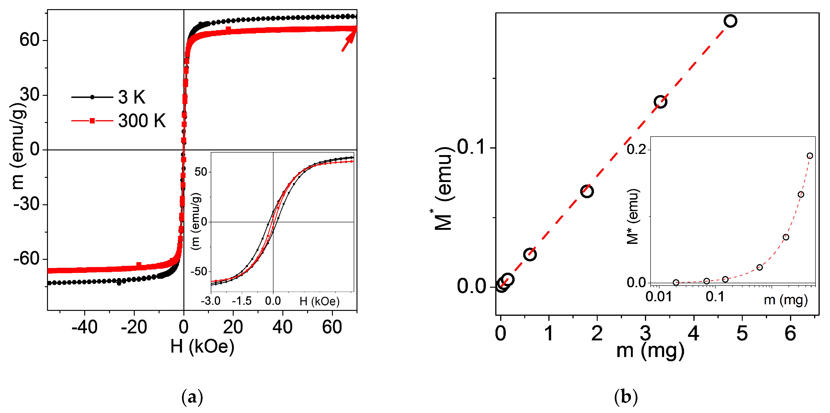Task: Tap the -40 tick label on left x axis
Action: coord(84,327)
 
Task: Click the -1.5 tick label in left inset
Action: coord(242,301)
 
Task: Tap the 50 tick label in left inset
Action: coord(200,172)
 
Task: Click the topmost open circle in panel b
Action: coord(730,21)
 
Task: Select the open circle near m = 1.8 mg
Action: coord(587,191)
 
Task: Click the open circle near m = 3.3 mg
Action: coord(660,102)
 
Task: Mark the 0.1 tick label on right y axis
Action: coord(471,147)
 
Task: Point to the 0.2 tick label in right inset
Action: coord(636,149)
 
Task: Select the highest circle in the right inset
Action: coord(810,156)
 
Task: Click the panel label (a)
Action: coord(192,398)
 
